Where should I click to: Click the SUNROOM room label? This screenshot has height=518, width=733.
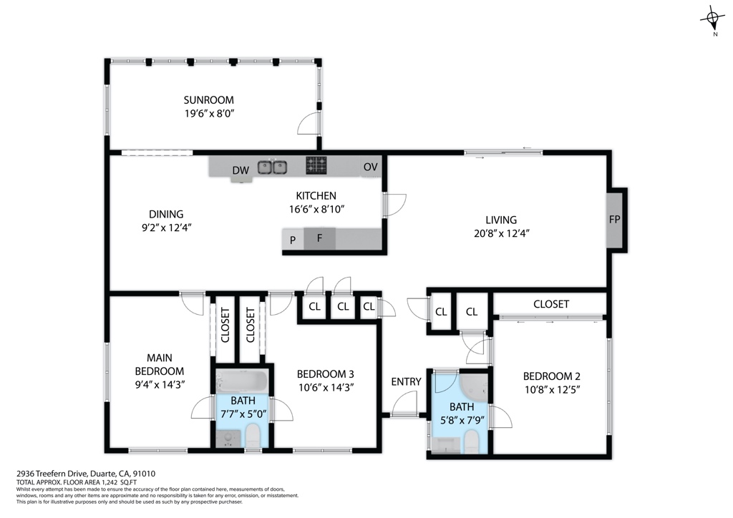pos(208,100)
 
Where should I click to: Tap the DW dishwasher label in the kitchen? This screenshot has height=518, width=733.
pos(241,170)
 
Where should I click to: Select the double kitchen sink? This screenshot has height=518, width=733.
pos(272,167)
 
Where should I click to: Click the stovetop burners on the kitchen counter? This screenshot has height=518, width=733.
pos(316,165)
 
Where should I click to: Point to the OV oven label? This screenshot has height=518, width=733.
pos(370,167)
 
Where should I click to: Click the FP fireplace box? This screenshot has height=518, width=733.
pos(614,220)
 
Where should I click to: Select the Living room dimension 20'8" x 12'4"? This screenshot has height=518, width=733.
pos(500,233)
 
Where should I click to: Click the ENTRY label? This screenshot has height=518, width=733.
pos(406,381)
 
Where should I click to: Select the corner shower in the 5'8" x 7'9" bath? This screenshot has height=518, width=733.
pos(474,387)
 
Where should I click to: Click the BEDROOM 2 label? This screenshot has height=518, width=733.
pos(551,376)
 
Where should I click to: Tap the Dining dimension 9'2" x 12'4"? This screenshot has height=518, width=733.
pos(166,227)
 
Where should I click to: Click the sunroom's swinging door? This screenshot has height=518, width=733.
pos(309,124)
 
